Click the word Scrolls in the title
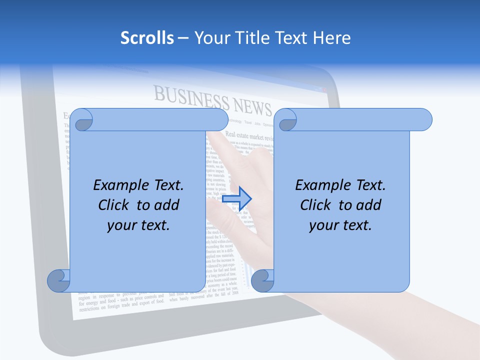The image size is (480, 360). pyautogui.click(x=147, y=38)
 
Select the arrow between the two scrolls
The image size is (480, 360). pyautogui.click(x=236, y=198)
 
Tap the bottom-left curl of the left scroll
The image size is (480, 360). pyautogui.click(x=58, y=280)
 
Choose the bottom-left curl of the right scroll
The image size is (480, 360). pyautogui.click(x=262, y=280)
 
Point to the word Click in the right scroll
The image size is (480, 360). pyautogui.click(x=316, y=205)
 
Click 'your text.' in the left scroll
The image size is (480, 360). pyautogui.click(x=138, y=225)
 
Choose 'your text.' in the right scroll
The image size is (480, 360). pyautogui.click(x=340, y=225)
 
